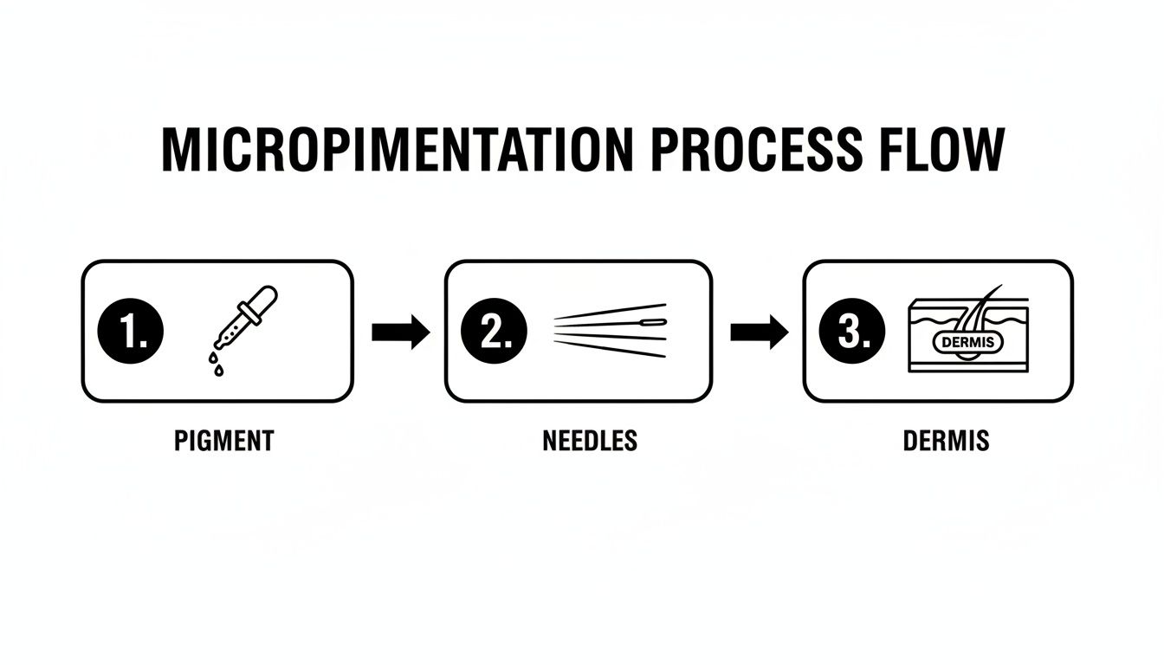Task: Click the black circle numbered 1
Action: (x=131, y=332)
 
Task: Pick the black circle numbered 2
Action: (x=492, y=332)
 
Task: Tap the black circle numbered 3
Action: (x=851, y=332)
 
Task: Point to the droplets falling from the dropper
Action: (x=214, y=362)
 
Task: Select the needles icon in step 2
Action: (x=610, y=330)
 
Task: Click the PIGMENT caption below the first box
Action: (x=223, y=441)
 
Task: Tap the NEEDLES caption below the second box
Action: (x=590, y=441)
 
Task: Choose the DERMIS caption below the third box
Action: (x=946, y=441)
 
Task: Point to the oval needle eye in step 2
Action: (x=656, y=323)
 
